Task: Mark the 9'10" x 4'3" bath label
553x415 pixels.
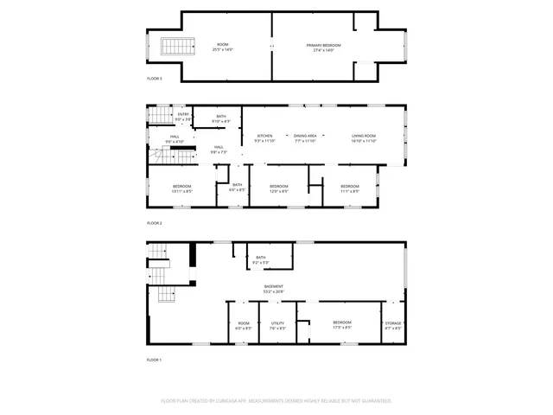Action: click(x=221, y=118)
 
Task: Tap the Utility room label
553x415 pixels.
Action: click(x=277, y=325)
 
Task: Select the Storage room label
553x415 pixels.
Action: click(x=393, y=325)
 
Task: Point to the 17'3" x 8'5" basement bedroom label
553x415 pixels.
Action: click(x=342, y=325)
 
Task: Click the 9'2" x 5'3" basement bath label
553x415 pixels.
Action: click(x=261, y=259)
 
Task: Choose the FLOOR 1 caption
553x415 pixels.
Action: click(x=154, y=359)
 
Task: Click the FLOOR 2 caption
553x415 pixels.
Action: click(x=154, y=223)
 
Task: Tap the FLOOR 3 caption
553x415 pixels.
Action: click(x=154, y=78)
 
